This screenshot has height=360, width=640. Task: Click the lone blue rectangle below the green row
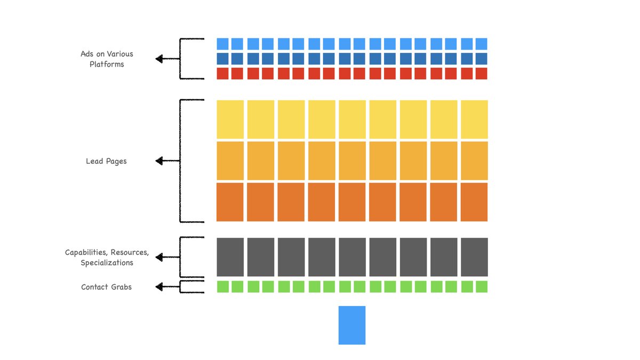[x=352, y=325]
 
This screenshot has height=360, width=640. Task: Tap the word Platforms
[x=107, y=65]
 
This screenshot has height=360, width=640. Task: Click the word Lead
[x=94, y=161]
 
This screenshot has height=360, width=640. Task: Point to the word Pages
[x=116, y=161]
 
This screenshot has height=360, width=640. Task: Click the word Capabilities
[x=86, y=252]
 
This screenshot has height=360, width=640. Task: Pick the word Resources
[x=130, y=252]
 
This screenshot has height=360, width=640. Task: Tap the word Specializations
[x=107, y=263]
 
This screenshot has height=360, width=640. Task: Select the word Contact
[x=94, y=287]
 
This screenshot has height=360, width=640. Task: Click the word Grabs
[x=122, y=287]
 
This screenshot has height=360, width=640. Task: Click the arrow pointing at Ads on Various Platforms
[x=166, y=59]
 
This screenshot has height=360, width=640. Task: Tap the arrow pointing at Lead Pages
[x=166, y=161]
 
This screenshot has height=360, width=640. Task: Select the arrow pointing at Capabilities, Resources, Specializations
[x=166, y=258]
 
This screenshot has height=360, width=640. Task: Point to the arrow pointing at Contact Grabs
[x=166, y=287]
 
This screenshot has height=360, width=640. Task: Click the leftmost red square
[x=222, y=74]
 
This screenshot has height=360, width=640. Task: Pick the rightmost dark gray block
[x=474, y=257]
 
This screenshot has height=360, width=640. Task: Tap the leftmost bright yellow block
[x=230, y=119]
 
